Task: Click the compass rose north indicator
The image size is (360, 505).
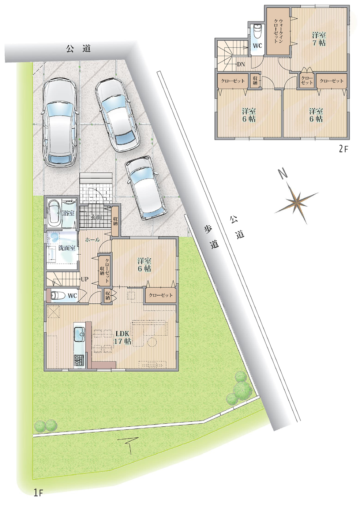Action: coord(283,174)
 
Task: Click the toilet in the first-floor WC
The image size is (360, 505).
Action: coord(58,295)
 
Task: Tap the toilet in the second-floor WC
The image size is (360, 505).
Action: coord(257,32)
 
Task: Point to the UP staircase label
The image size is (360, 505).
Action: coord(85,279)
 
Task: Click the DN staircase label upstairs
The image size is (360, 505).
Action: coord(241,64)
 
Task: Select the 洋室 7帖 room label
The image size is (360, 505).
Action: coord(319,39)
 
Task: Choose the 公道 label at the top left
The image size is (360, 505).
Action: coord(78,49)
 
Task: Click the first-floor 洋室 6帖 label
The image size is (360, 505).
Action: coord(144,265)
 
